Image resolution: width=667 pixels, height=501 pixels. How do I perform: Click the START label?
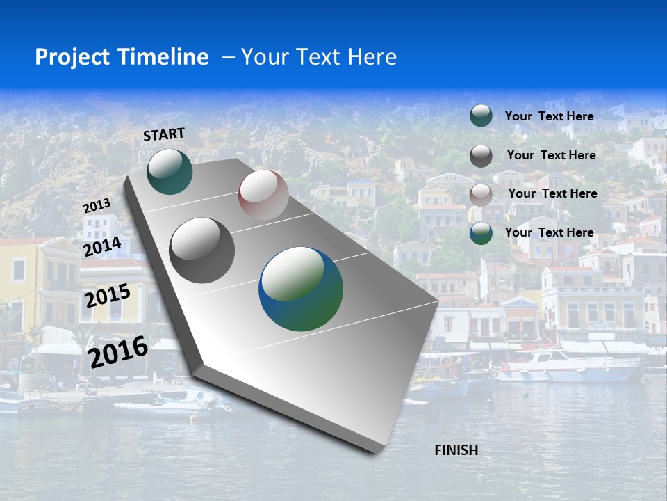coord(164,134)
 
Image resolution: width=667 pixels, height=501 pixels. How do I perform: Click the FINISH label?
coord(456,450)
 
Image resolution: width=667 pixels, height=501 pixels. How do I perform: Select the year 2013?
coord(97,206)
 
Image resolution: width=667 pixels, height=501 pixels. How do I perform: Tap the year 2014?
coord(103,246)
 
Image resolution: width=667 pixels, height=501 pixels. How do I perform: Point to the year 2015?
coord(107,296)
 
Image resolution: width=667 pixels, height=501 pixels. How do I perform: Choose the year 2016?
coord(118,351)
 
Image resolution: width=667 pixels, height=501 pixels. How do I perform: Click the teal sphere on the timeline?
coord(170,171)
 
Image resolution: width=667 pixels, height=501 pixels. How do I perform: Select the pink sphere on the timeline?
coord(263,195)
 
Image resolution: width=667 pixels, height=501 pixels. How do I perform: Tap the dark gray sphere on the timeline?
coord(201,250)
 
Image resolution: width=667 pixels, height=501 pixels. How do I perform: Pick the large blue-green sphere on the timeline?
coord(301,289)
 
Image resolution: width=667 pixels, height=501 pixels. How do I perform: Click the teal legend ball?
coord(481,116)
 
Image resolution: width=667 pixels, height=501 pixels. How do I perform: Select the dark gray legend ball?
coord(481,156)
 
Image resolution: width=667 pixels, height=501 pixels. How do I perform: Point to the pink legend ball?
coord(481,194)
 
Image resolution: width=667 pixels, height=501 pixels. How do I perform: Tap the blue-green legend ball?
coord(481,233)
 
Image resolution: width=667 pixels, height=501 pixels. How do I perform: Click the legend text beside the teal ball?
coord(549,116)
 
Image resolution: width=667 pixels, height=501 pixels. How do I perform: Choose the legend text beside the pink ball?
coord(552,193)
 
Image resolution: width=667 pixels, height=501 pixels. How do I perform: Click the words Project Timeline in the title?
coord(122,57)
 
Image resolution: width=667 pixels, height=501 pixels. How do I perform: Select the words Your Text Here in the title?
coord(319,57)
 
